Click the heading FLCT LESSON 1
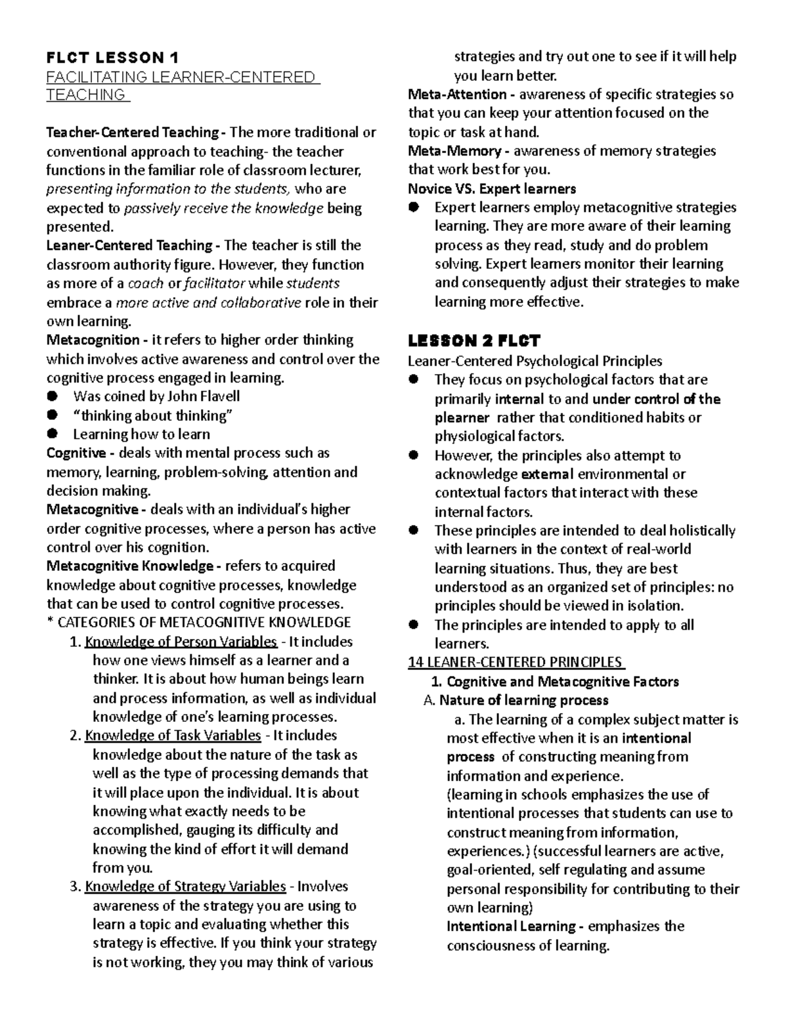(x=112, y=57)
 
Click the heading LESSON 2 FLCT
(x=473, y=341)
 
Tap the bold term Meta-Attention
(x=457, y=94)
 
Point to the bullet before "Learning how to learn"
(x=53, y=434)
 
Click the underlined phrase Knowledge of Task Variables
(x=173, y=736)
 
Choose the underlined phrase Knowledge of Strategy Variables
(x=185, y=886)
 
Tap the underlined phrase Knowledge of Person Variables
(x=181, y=642)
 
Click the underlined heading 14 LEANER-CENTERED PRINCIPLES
(x=515, y=662)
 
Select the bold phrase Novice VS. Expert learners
(x=492, y=189)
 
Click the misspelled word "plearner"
(x=462, y=418)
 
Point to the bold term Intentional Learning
(x=510, y=926)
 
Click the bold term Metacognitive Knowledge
(x=129, y=566)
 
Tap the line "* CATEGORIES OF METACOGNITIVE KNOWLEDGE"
(x=198, y=622)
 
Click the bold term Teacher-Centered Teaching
(x=132, y=133)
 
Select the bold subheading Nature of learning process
(x=523, y=700)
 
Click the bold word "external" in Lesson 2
(x=547, y=474)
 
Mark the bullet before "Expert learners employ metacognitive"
(x=414, y=207)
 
